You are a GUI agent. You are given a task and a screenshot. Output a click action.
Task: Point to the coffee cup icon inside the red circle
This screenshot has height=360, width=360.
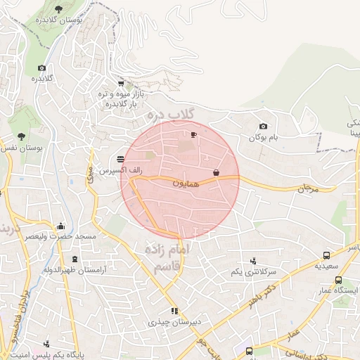click(x=194, y=134)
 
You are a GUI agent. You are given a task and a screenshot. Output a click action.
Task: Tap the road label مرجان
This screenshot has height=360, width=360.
click(x=308, y=188)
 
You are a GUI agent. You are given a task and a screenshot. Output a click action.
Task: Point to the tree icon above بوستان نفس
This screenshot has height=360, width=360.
click(x=21, y=136)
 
